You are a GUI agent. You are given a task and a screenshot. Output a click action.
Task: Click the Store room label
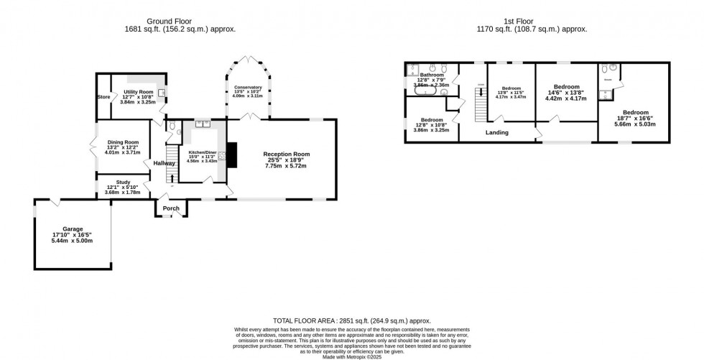point(103,96)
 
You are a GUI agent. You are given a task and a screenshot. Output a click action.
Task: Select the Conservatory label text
point(248,88)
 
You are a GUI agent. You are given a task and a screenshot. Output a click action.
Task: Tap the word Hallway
point(164,163)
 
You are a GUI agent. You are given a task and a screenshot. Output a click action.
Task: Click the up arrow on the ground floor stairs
point(172,177)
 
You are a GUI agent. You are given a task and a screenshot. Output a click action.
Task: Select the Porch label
point(171,208)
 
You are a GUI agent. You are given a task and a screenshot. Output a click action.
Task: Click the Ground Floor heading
point(180,21)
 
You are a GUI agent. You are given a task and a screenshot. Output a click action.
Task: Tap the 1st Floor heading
point(532,21)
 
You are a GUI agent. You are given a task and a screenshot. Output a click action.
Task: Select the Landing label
point(497,132)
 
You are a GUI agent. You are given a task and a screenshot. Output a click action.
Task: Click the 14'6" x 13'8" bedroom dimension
point(566,93)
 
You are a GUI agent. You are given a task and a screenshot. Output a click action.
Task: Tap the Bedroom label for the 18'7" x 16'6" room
point(636,112)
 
